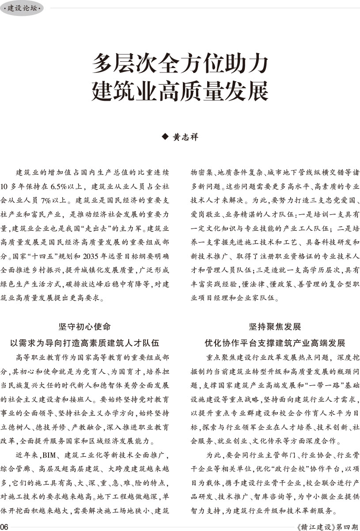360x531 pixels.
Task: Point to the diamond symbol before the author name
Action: pos(166,137)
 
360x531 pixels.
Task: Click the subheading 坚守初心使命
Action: pos(84,327)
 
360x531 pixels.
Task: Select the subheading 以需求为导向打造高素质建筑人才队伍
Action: pos(84,343)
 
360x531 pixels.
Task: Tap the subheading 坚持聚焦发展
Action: pos(274,327)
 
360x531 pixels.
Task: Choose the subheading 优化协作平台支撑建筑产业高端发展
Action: pos(274,343)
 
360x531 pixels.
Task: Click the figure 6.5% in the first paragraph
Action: pos(58,186)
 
